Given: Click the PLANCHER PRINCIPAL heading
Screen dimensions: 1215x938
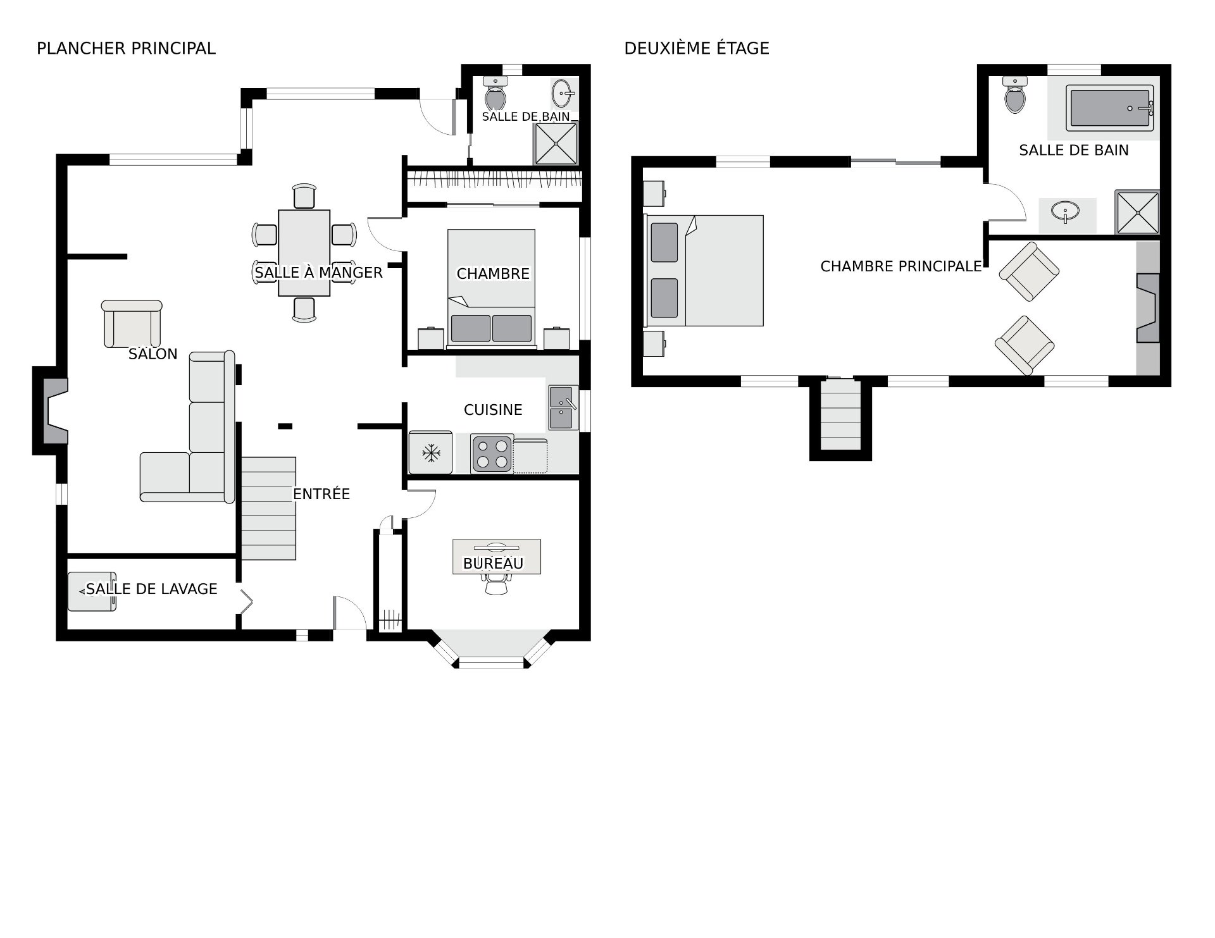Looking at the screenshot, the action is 126,49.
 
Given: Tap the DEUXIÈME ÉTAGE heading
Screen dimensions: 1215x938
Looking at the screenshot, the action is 697,49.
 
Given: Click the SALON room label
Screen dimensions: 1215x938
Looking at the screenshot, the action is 153,354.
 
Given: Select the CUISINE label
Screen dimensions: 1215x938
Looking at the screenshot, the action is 493,410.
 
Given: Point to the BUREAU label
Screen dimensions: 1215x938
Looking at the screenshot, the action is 494,564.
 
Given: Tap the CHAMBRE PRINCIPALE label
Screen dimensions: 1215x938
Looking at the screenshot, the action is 901,267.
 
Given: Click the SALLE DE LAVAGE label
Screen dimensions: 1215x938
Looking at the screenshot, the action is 152,589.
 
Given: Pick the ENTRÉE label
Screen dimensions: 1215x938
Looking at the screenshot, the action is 321,494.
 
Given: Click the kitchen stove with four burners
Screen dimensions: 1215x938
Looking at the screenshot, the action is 492,453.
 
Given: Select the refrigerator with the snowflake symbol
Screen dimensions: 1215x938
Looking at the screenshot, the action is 430,452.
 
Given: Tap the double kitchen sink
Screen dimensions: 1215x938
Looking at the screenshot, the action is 563,409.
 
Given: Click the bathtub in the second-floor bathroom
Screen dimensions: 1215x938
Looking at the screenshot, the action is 1109,108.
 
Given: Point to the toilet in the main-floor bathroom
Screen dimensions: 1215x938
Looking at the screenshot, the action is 495,94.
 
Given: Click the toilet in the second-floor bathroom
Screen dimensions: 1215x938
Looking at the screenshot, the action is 1015,95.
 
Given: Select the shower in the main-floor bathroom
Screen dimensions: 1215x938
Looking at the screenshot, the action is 556,144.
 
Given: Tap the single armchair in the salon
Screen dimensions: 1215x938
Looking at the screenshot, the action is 132,324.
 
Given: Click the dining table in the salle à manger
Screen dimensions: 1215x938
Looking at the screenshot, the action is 304,253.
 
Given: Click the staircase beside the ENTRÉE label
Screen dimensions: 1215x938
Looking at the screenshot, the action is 268,509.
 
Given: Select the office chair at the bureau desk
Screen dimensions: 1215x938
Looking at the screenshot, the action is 495,583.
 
